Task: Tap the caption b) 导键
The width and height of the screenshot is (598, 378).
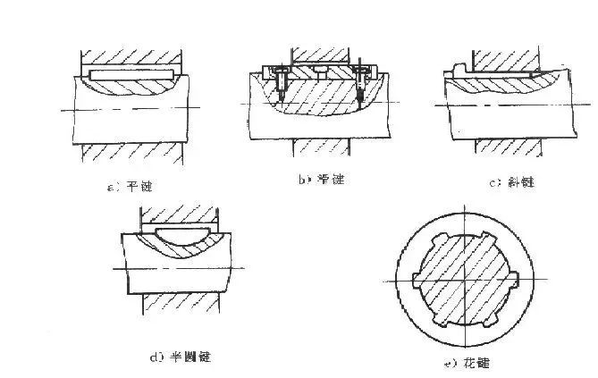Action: (x=321, y=180)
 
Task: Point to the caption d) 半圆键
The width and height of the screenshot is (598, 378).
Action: (x=181, y=357)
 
